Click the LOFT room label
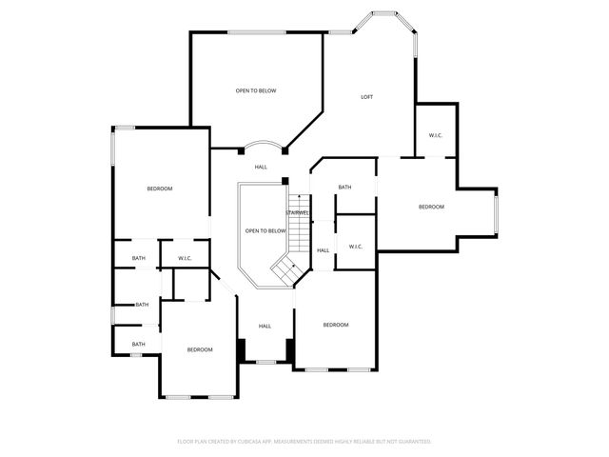[366, 97]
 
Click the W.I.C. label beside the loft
[435, 135]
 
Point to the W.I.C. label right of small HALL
[355, 247]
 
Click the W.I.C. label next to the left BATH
[184, 258]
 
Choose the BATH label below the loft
[344, 187]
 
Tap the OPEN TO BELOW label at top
[256, 90]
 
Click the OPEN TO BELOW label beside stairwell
[265, 231]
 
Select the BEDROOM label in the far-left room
[160, 189]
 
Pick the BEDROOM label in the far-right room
[432, 207]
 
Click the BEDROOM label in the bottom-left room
[200, 350]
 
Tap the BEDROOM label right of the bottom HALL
[336, 326]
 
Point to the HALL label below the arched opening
[261, 168]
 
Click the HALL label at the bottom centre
[265, 327]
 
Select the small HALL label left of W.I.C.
[324, 250]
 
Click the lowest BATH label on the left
[139, 345]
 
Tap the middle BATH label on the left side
[142, 305]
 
